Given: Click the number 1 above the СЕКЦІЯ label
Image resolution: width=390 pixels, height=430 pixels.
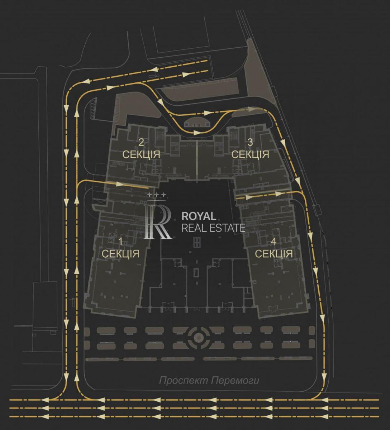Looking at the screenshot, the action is pos(120,242).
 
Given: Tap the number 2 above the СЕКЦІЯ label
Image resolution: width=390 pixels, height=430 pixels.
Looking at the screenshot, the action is pos(141,143).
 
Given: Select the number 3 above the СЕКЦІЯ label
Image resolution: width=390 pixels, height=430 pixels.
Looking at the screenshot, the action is pos(250,143).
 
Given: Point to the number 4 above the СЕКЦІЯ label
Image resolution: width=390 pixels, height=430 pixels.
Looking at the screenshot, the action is pos(274,242).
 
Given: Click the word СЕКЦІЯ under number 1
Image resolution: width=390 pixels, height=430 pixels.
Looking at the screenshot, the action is pos(120,254).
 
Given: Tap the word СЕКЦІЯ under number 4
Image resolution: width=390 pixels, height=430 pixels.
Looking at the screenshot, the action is pos(274,254).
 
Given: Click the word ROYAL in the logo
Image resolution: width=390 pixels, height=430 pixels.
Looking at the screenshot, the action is pos(199,216).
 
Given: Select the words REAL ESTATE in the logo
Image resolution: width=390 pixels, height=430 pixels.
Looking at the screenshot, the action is pos(213,228).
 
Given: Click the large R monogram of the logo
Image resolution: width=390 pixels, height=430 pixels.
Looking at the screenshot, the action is pos(158,221).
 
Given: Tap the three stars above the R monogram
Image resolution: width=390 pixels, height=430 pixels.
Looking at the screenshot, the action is pos(157,195).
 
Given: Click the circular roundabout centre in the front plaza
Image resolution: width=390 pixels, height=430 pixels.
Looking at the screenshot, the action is pos(197,338).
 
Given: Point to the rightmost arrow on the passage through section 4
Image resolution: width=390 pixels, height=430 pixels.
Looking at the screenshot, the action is pos(279,193).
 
